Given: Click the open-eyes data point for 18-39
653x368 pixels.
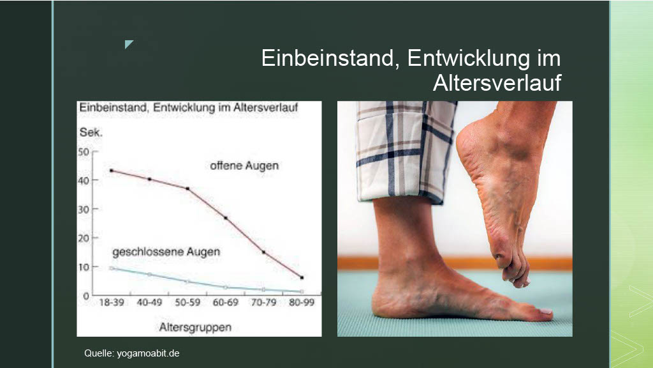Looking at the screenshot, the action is point(112,170).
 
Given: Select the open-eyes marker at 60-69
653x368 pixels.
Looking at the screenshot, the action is point(225,218).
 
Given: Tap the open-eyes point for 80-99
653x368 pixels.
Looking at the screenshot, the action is point(302,277).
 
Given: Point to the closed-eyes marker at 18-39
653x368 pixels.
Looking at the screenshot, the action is point(112,268).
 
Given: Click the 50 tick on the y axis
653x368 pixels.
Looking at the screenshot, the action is point(84,152).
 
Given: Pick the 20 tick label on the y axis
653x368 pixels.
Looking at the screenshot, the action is point(84,238).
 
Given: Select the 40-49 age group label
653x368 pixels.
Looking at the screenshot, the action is point(149,302).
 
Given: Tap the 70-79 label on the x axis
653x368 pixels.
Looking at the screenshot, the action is point(263,302).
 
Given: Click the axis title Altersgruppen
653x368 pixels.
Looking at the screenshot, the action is point(195,328).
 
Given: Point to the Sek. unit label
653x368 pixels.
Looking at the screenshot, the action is point(91,133).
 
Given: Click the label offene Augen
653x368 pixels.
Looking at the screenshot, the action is point(244,165).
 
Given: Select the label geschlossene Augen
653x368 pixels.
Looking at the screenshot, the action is point(166,252).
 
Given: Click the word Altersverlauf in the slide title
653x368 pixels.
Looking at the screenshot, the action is point(497,82).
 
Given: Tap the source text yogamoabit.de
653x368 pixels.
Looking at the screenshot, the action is point(148,353).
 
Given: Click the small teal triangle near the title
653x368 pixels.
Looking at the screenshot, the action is point(129,44).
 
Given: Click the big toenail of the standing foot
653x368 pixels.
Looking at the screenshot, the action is point(546,311).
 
